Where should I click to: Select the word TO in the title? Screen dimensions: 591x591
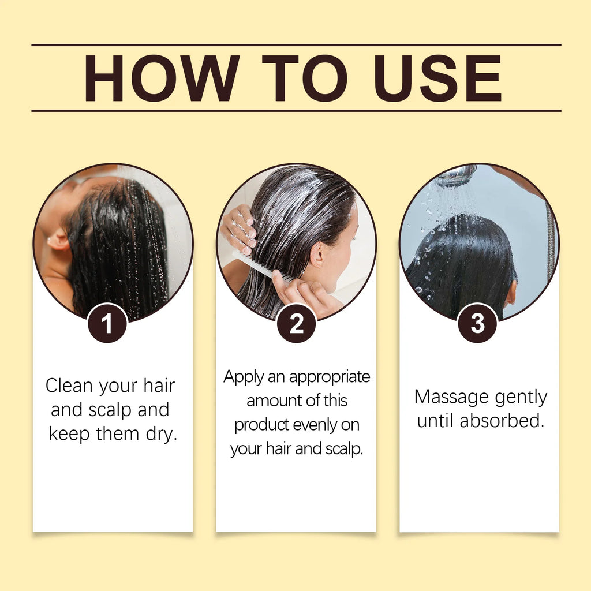[309, 78]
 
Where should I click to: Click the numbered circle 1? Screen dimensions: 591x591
[107, 324]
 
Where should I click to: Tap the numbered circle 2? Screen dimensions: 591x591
[296, 324]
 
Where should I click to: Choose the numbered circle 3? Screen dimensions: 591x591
[477, 323]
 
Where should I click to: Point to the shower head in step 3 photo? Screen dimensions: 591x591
[455, 175]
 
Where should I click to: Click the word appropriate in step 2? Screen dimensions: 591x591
[330, 377]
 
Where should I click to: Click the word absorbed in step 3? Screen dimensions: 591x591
[502, 421]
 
